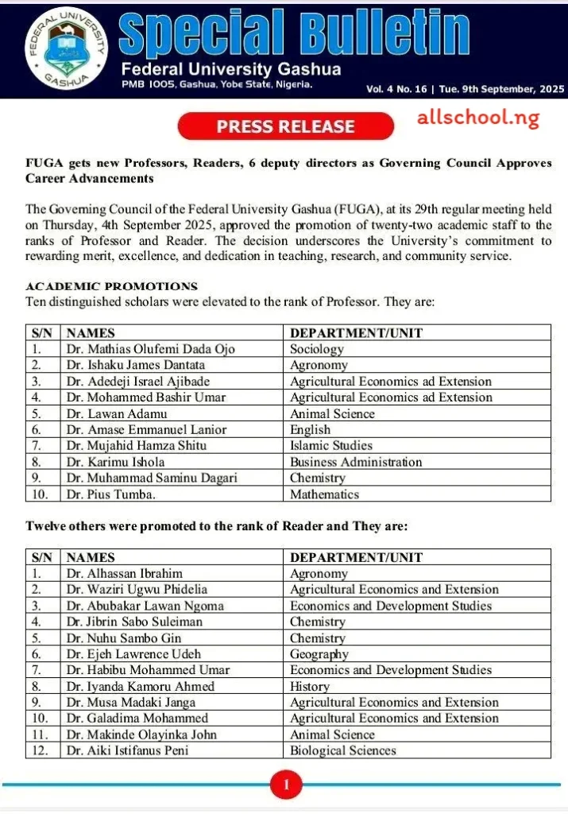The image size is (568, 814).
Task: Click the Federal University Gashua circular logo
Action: [64, 48]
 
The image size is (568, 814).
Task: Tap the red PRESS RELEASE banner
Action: [285, 126]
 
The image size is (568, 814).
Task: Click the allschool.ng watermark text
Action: [477, 119]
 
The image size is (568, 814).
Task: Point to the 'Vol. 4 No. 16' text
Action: [396, 89]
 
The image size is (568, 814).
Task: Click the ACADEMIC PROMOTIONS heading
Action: [111, 286]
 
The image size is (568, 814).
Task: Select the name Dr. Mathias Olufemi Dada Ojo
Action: [151, 349]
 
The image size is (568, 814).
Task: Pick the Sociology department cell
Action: [317, 349]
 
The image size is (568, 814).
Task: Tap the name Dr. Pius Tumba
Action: [112, 494]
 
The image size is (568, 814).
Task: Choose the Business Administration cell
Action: [356, 462]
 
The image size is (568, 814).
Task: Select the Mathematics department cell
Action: [324, 494]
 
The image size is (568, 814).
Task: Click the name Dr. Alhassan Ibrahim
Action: [125, 573]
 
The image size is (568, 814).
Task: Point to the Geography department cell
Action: [319, 654]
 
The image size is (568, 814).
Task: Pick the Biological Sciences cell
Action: [342, 750]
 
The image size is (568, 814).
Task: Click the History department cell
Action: [310, 686]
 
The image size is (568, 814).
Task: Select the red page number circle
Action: [287, 787]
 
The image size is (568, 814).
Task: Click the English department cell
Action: [311, 430]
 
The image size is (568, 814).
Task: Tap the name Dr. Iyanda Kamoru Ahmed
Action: [141, 686]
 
